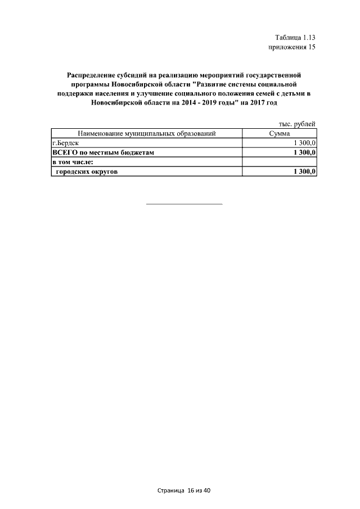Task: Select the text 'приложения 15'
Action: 292,47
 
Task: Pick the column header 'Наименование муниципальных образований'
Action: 147,134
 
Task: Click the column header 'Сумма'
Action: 279,134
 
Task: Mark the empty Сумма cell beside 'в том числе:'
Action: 279,163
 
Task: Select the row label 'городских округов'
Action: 87,172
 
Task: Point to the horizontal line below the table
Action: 184,204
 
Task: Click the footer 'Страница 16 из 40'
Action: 183,490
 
